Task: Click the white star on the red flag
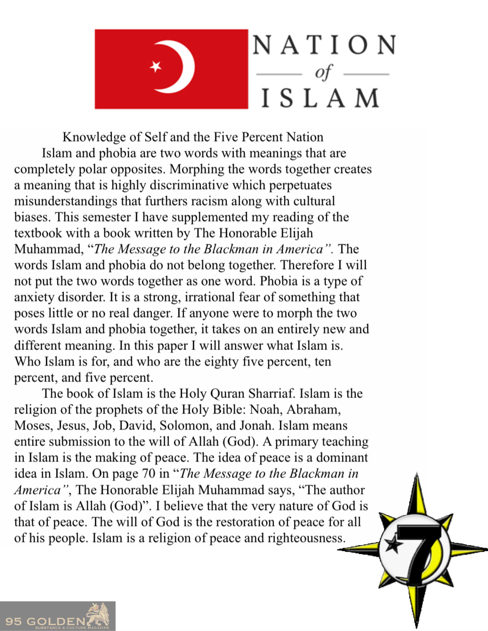[156, 67]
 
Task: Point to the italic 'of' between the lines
[323, 73]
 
